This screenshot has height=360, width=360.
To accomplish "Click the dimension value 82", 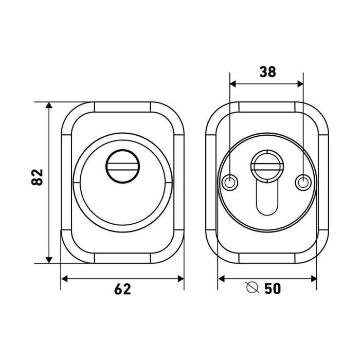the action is coord(37,177).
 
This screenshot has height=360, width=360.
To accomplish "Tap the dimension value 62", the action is coord(122,289).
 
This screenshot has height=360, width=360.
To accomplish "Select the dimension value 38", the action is coord(268,71).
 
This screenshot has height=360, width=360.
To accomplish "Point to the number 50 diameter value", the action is coord(273,289).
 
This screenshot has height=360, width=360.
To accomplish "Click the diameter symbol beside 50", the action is coord(253,287).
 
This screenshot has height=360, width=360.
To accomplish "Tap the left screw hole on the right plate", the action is coord(229,183).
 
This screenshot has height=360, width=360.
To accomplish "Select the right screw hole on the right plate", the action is coord(303,183).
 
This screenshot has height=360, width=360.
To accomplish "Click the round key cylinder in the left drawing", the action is coord(122,166).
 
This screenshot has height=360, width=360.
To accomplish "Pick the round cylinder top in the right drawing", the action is coord(267,166).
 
